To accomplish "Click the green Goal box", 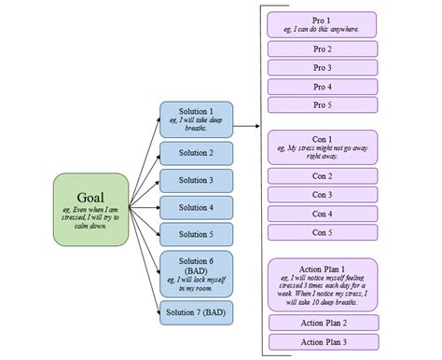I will (90, 210).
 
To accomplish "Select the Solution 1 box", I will (196, 118).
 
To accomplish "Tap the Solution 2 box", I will (196, 153).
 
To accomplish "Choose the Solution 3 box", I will (196, 180).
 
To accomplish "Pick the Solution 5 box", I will (196, 234).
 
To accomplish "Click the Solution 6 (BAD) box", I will (196, 272).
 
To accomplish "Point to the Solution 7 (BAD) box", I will (196, 312).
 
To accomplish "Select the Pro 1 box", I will (322, 24).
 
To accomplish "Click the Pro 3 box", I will (322, 67).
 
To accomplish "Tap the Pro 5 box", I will (322, 104).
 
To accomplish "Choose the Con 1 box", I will (322, 146).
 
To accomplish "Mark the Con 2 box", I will (322, 176).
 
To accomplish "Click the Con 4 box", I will (322, 214).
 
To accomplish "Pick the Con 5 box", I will (322, 232).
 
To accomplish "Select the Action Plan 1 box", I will (322, 284).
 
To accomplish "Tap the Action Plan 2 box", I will (322, 323).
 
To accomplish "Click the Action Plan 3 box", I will (322, 341).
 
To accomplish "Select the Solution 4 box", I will (196, 207).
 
